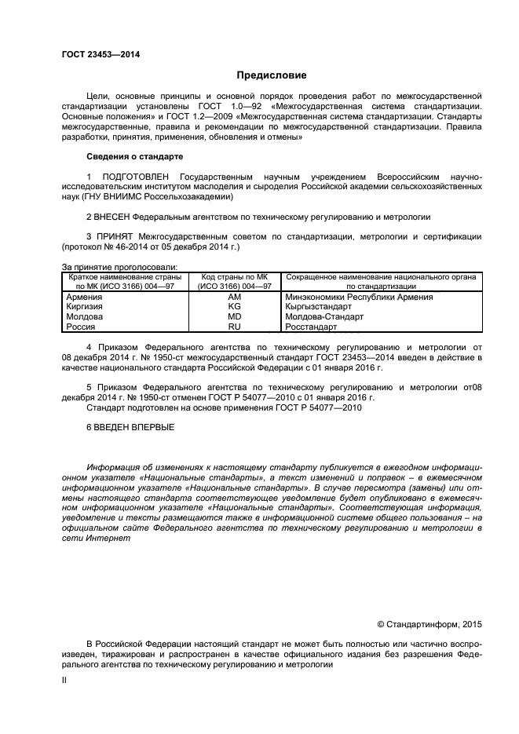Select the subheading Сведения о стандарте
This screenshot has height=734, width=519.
[x=133, y=157]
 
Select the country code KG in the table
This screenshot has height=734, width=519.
[x=234, y=307]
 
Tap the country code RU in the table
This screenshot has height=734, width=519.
[x=234, y=327]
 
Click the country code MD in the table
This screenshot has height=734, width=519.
[x=234, y=317]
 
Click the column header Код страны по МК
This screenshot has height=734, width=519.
[x=235, y=278]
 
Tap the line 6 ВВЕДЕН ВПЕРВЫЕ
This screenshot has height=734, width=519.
[x=130, y=428]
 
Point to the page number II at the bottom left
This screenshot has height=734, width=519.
[x=65, y=681]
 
